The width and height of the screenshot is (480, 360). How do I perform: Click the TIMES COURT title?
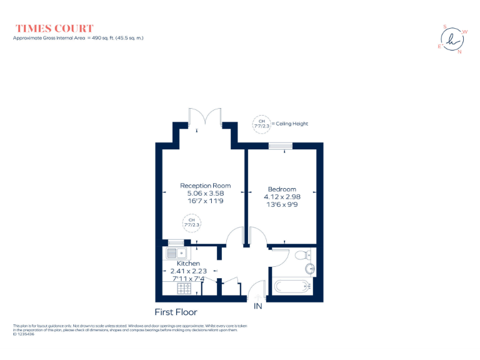click(54, 28)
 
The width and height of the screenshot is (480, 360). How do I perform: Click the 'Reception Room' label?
click(205, 186)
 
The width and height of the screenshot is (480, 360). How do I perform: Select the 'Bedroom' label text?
click(282, 189)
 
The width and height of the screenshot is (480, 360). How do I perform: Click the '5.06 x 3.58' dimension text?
click(205, 193)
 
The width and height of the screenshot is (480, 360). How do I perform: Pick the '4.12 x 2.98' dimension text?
click(282, 196)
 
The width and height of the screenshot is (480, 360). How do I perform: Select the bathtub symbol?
click(292, 287)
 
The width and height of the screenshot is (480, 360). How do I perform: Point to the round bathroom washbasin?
click(309, 269)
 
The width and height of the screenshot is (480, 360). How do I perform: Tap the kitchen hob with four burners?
click(184, 288)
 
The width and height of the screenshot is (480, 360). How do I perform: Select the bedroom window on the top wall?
click(281, 146)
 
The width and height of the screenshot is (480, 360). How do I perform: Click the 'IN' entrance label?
click(258, 306)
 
